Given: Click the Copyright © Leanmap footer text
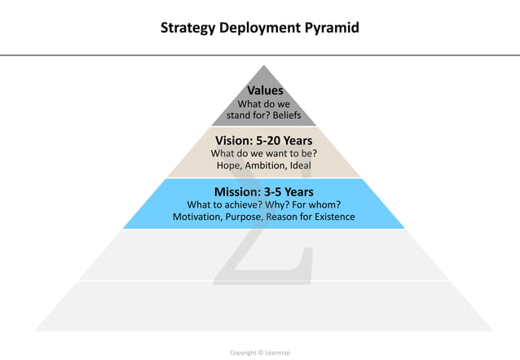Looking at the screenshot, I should [x=259, y=353].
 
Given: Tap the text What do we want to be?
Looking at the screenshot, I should [x=263, y=153].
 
